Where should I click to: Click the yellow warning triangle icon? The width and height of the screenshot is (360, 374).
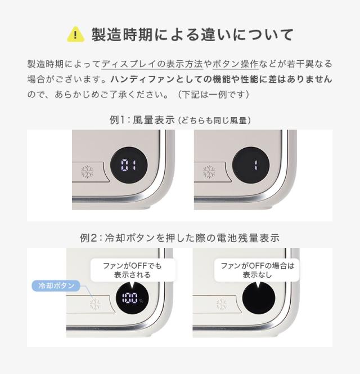click(75, 34)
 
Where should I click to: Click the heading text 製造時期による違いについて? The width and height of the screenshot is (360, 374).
click(192, 34)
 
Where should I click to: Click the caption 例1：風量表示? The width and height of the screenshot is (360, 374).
click(142, 120)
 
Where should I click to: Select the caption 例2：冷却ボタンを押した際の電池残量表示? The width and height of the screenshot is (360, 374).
click(179, 238)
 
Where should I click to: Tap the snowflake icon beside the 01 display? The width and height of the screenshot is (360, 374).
click(87, 171)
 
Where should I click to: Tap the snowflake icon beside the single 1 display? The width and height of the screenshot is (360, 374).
click(209, 171)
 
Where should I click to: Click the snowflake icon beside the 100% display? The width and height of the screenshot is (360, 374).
click(96, 304)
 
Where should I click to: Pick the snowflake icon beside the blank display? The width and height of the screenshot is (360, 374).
click(222, 304)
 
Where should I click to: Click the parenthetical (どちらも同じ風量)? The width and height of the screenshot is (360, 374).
click(214, 121)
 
